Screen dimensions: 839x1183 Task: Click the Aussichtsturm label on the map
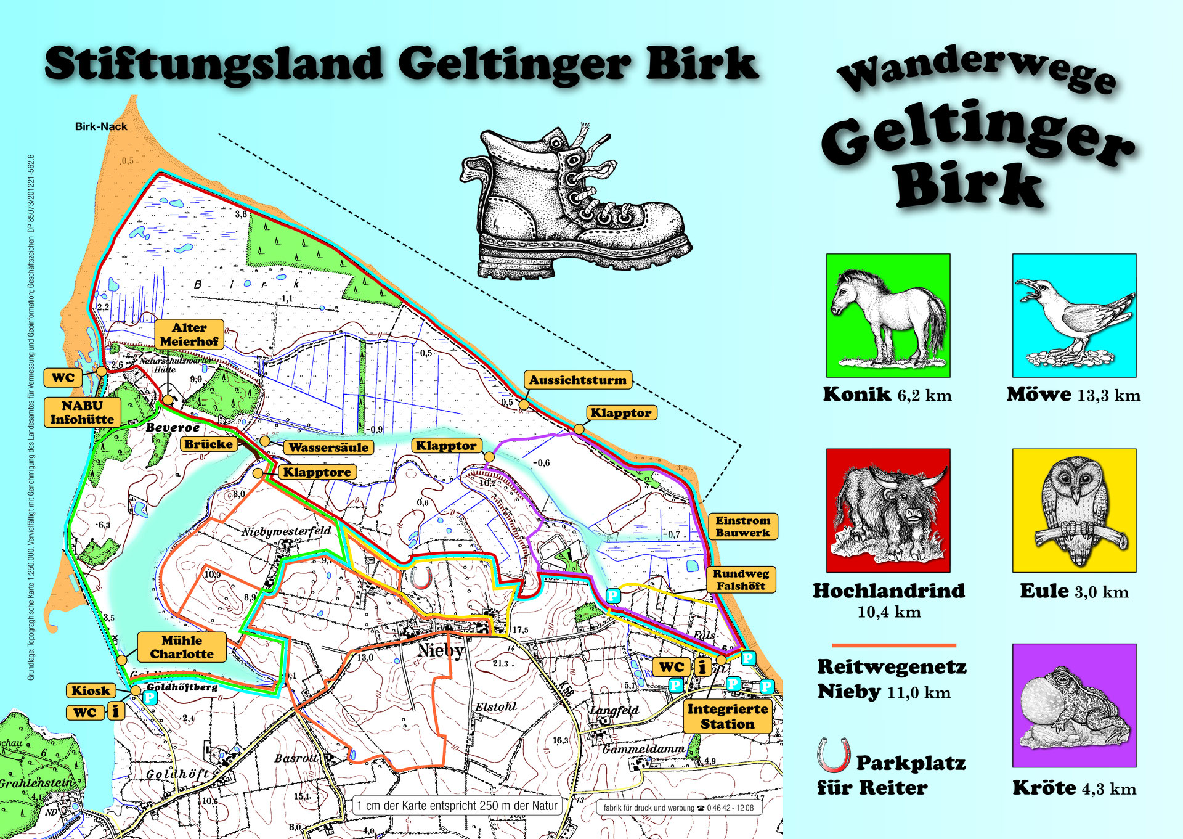tap(577, 380)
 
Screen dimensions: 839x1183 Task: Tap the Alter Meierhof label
tap(189, 334)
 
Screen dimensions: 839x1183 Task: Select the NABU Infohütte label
tap(82, 412)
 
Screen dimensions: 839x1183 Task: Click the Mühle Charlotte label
tap(181, 647)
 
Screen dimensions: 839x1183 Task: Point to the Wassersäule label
tap(328, 448)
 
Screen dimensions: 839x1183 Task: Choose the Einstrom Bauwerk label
tap(742, 526)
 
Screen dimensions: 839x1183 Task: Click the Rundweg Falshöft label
tap(741, 579)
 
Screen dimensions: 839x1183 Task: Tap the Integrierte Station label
tap(727, 716)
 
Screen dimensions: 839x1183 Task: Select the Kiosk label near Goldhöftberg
tap(91, 690)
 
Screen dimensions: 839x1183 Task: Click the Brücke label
tap(209, 444)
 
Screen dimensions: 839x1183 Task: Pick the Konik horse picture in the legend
tap(888, 316)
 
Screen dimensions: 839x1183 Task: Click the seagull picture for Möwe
tap(1074, 316)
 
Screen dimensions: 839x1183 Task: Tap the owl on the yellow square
tap(1074, 510)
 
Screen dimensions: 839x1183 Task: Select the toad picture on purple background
tap(1074, 705)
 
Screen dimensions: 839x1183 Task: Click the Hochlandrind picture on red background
tap(888, 510)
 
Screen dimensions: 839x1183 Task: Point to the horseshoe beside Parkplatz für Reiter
tap(833, 755)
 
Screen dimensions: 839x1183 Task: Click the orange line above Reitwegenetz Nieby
tap(893, 645)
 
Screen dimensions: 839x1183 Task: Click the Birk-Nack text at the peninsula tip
tap(101, 126)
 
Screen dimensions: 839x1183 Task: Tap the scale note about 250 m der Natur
tap(457, 805)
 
